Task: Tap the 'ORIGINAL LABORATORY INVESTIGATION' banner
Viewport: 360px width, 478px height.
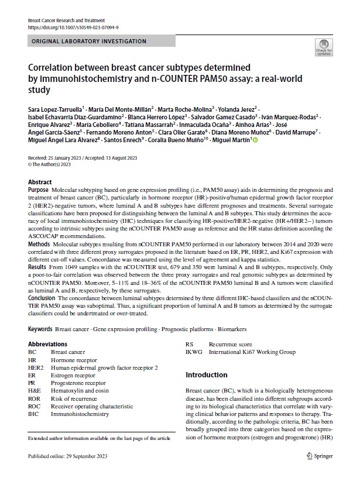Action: point(88,42)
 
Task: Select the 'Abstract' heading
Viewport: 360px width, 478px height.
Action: point(40,182)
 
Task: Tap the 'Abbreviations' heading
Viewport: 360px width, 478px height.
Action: point(47,344)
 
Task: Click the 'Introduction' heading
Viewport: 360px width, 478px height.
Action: point(206,374)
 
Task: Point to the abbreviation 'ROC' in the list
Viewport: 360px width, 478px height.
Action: point(35,405)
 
